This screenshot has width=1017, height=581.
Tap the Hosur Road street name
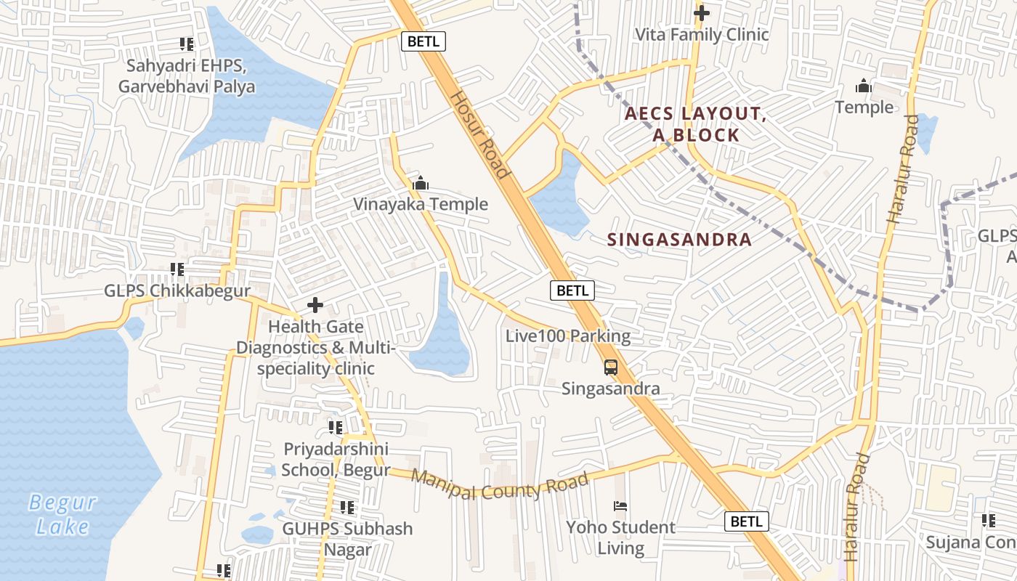[479, 135]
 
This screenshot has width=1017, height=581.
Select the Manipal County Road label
[500, 484]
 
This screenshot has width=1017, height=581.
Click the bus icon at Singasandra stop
[611, 367]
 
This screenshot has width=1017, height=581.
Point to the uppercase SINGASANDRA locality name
[679, 240]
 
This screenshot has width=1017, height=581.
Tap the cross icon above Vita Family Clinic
[701, 13]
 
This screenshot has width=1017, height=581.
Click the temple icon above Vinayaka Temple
[420, 184]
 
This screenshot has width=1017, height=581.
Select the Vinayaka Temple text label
[421, 204]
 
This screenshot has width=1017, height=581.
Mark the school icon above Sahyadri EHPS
[187, 44]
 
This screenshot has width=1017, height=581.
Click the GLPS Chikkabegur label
[177, 290]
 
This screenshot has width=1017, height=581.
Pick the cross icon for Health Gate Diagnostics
[315, 305]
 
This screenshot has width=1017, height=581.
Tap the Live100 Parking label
[568, 336]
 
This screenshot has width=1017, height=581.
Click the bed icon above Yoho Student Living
[620, 505]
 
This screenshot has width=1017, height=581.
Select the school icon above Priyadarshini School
[335, 427]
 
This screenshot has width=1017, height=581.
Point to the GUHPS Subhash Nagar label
[347, 538]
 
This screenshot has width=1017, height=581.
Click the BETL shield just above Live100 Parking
[572, 290]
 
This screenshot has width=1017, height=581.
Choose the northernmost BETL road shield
[424, 41]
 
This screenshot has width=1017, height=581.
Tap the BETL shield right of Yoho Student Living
[746, 521]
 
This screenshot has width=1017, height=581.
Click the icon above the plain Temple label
[863, 86]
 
